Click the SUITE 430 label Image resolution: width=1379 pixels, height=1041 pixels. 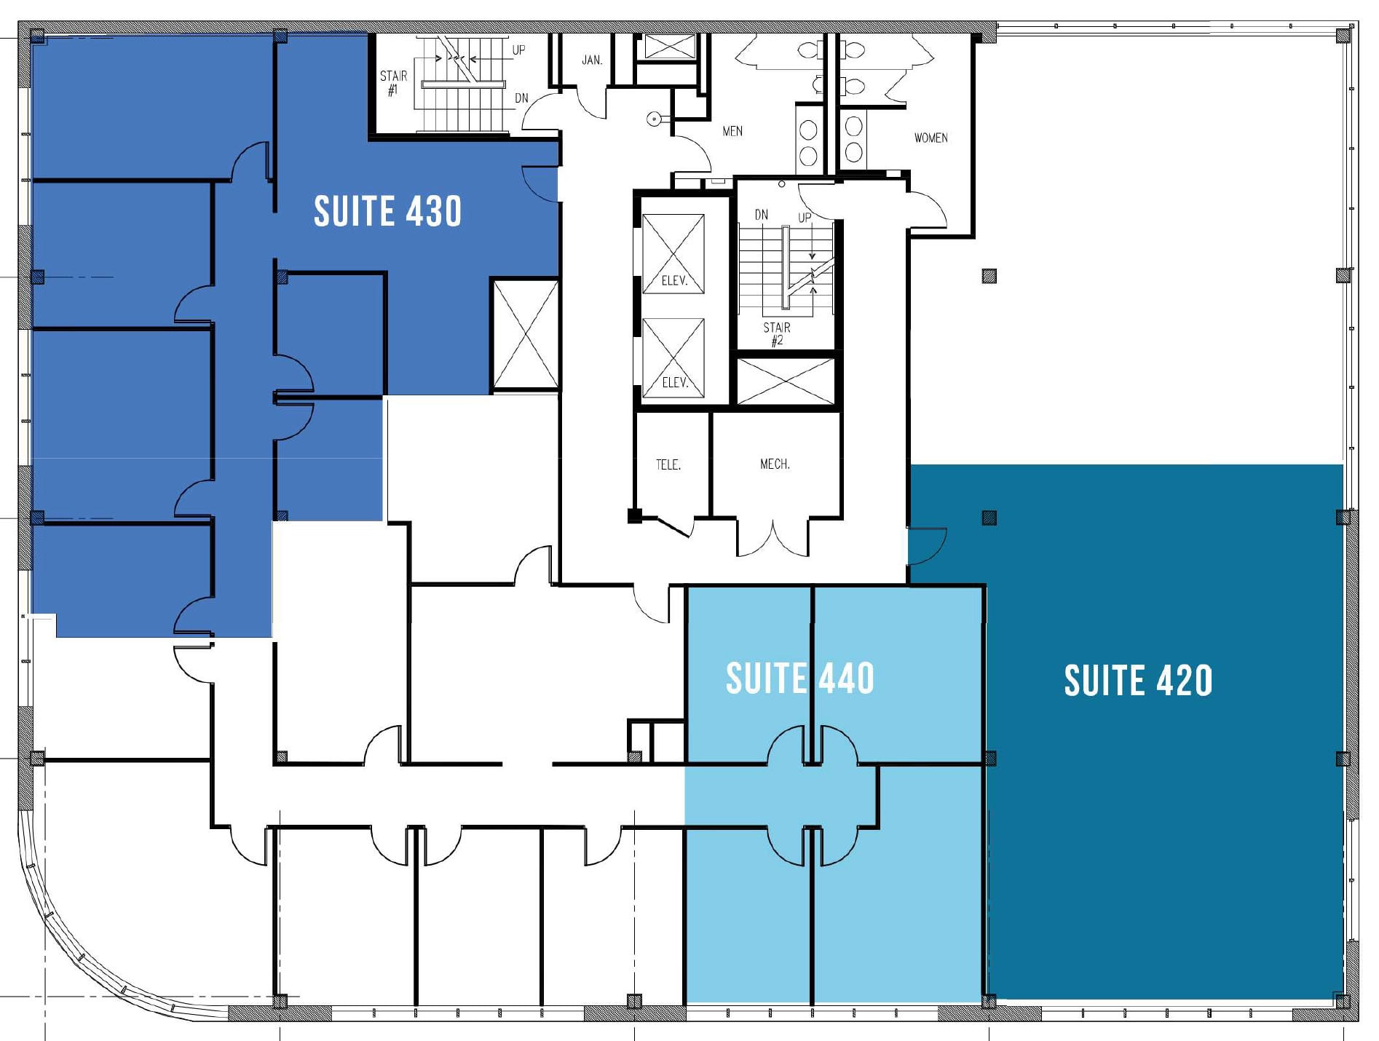tap(387, 211)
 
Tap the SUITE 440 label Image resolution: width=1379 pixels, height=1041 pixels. tap(799, 678)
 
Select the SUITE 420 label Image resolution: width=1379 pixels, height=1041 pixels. tap(1138, 681)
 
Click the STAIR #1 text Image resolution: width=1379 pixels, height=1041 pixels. tap(393, 83)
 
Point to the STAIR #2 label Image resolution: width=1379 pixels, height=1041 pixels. tap(777, 333)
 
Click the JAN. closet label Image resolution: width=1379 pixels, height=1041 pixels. tap(592, 60)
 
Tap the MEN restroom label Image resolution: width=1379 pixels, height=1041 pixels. tap(732, 131)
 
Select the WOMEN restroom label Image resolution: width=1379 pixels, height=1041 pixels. tap(930, 138)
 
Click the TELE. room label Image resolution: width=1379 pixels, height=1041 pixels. tap(668, 464)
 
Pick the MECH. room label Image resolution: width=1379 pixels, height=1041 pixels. tap(775, 464)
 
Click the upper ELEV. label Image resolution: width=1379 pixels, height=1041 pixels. tap(674, 280)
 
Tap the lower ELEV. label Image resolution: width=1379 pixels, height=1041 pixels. tap(674, 382)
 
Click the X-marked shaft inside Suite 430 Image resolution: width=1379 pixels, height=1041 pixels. tap(525, 335)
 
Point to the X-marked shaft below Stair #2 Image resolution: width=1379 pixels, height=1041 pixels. tap(786, 381)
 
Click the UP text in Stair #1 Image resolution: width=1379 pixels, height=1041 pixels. tap(518, 50)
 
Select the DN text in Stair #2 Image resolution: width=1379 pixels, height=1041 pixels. tap(761, 214)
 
